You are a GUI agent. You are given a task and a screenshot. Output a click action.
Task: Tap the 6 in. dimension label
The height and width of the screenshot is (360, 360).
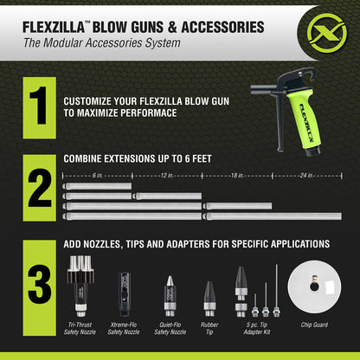97,175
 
